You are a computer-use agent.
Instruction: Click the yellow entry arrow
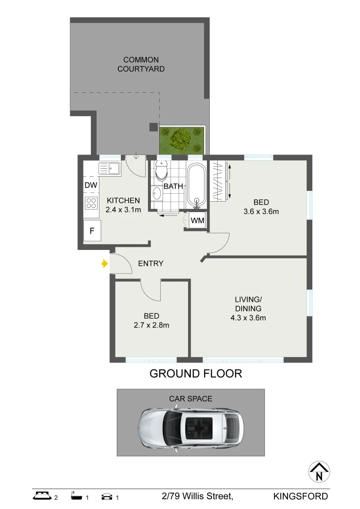click(104, 264)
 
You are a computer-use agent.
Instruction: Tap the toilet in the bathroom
click(161, 170)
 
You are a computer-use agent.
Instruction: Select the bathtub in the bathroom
click(196, 185)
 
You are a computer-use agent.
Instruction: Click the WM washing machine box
click(196, 221)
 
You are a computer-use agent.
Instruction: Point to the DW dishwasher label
click(90, 186)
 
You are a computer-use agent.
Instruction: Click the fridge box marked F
click(92, 231)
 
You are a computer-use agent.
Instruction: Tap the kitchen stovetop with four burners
click(91, 203)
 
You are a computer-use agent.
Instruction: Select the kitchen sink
click(109, 168)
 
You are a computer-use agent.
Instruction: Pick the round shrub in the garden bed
click(180, 138)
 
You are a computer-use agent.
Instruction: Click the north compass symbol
click(319, 472)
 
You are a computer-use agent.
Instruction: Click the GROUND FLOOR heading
click(196, 374)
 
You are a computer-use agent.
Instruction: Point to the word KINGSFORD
click(301, 496)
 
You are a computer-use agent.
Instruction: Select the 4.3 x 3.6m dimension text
click(248, 318)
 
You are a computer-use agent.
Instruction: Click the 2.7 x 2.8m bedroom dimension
click(152, 325)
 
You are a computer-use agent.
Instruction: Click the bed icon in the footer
click(42, 496)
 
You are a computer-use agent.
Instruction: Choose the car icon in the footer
click(107, 496)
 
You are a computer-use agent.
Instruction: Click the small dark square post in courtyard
click(153, 126)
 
